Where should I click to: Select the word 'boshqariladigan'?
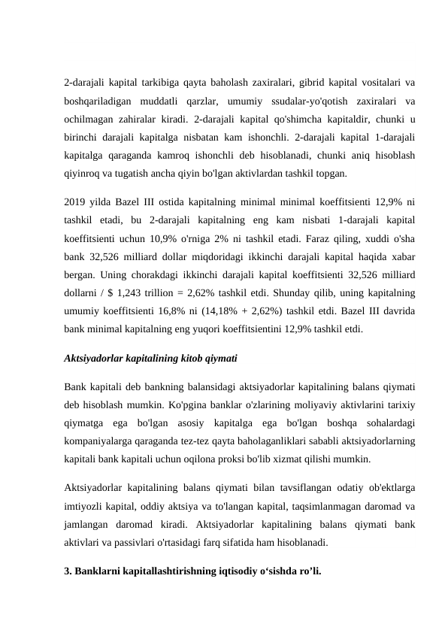click(x=98, y=101)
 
